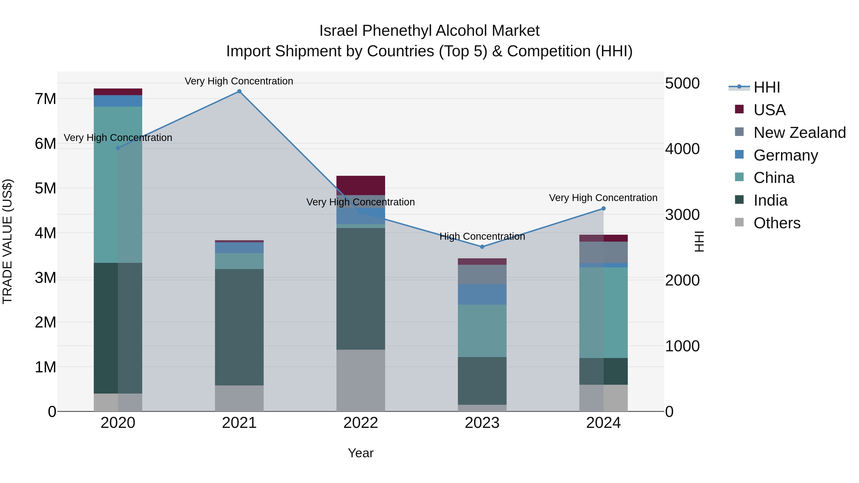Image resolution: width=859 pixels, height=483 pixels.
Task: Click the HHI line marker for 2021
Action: tap(239, 91)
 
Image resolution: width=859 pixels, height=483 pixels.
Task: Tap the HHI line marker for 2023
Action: tap(482, 247)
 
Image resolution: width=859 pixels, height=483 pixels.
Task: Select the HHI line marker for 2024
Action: tap(603, 209)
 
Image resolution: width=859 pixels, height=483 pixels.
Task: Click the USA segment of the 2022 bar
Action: tap(361, 185)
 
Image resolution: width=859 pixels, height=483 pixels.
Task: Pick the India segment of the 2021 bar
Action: tap(239, 327)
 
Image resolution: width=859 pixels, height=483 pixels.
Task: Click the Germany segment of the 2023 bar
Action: tap(482, 294)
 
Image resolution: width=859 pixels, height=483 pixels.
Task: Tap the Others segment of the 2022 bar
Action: tap(361, 380)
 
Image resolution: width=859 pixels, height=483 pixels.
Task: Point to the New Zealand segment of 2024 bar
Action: tap(603, 252)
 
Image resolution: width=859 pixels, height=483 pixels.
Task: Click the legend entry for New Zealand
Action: tap(799, 133)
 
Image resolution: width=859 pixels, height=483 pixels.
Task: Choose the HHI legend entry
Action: tap(766, 87)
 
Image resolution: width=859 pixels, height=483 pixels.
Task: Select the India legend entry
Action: tap(770, 200)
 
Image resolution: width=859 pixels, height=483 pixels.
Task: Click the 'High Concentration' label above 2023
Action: tap(482, 236)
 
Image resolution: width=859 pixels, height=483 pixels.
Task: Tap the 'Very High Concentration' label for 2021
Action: tap(239, 81)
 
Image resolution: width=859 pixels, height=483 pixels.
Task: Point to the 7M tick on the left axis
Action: tap(45, 99)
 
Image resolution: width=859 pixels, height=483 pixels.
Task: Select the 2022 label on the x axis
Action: tap(361, 423)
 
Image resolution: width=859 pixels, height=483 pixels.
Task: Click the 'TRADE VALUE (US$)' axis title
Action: tap(7, 241)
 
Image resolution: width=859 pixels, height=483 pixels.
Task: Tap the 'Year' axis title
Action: tap(361, 453)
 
